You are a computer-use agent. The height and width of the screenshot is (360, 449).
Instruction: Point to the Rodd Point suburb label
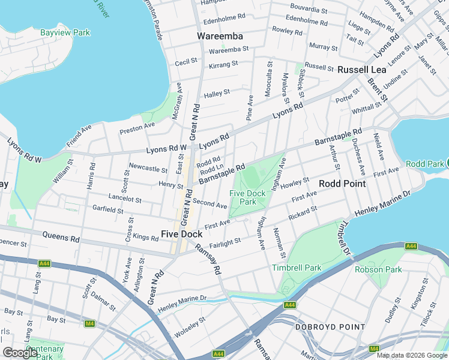pos(342,184)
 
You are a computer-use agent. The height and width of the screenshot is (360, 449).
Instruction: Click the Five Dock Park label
pos(247,197)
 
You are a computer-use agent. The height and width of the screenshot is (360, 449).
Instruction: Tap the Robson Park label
pos(378,269)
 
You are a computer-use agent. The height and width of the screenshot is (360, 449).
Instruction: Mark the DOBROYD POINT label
pos(330,327)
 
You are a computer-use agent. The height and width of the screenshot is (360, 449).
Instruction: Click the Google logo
pos(20,353)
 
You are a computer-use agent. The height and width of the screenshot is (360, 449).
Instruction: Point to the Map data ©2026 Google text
pos(412,355)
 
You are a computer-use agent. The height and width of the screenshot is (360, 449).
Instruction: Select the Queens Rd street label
pos(67,238)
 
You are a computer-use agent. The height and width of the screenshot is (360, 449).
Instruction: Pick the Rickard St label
pos(302,212)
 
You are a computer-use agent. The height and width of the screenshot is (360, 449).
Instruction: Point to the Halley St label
pos(217,93)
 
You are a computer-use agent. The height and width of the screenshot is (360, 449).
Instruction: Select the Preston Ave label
pos(137,127)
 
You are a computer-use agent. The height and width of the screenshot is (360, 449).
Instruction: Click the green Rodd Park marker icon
pos(447,163)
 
